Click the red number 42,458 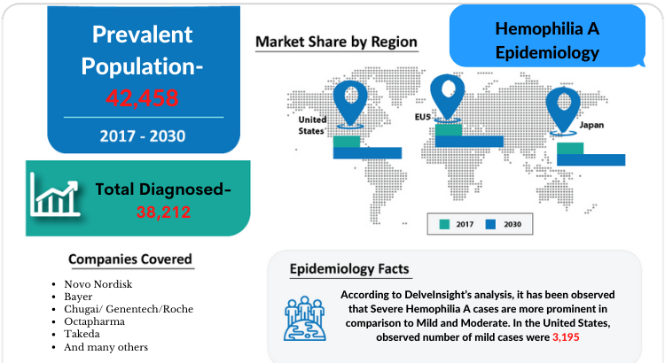coord(142,98)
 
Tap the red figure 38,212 coord(163,212)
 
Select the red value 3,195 coord(566,337)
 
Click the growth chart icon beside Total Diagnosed coord(55,196)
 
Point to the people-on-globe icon coord(304,319)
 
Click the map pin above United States coord(350,103)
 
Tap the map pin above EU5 coord(447,97)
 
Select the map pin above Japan coord(563,110)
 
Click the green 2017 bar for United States coord(347,142)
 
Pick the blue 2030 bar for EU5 coord(469,142)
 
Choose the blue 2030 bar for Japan coord(591,159)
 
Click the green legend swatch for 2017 coord(444,224)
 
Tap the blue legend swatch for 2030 coord(490,224)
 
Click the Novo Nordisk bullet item coord(98,284)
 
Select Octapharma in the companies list coord(94,322)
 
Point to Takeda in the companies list coord(82,334)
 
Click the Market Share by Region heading coord(336,42)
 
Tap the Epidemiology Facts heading coord(349,269)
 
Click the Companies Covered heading coord(130,259)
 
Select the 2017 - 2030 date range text coord(143,136)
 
